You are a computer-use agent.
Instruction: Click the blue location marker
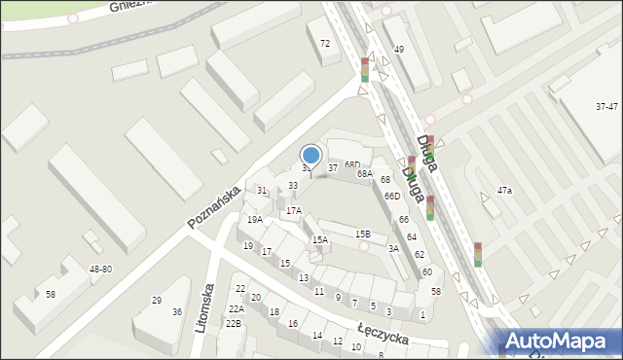pos(311,155)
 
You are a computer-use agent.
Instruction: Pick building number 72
pos(325,43)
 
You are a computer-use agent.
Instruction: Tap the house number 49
pos(398,49)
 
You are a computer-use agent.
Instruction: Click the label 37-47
pos(607,106)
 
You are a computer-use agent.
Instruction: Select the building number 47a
pos(504,191)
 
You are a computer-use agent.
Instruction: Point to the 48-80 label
pos(100,269)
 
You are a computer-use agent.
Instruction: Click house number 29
pos(157,300)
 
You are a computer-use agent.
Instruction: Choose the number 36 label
pos(177,311)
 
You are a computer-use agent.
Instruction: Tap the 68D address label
pos(351,165)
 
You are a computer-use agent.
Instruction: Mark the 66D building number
pos(391,197)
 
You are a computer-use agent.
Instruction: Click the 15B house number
pos(362,234)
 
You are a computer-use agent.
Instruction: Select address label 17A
pos(293,210)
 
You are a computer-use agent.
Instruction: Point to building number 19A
pos(255,220)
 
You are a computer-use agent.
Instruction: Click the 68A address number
pos(364,173)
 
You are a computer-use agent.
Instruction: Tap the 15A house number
pos(319,239)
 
